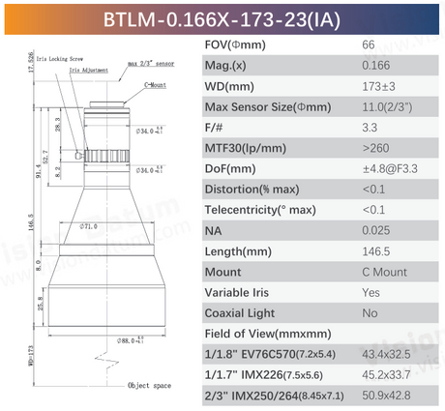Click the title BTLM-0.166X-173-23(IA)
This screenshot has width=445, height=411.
(x=222, y=19)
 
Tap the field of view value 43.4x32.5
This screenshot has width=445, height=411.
(x=390, y=354)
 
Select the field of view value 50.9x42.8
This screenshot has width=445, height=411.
(x=390, y=395)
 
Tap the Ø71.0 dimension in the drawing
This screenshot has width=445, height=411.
(x=89, y=227)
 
